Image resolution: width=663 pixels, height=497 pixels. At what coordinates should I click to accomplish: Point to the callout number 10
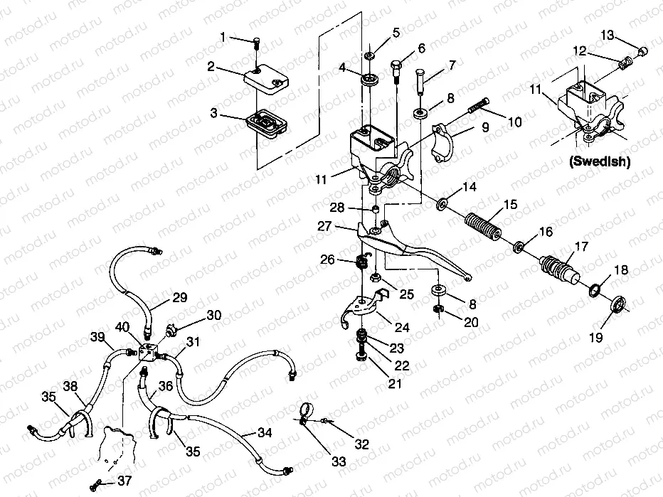(514, 122)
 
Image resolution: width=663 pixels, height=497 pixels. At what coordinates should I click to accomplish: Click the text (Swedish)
(599, 161)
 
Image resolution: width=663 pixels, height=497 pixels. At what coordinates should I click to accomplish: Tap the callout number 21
(395, 384)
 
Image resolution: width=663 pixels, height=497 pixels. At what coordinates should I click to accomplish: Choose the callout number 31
(192, 343)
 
